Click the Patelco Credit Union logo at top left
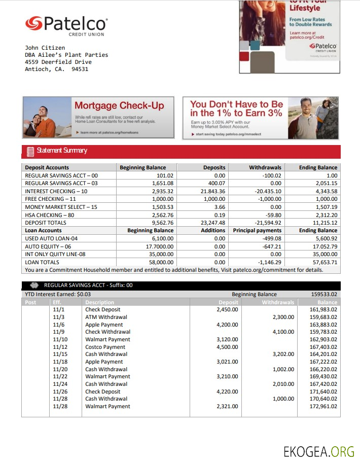(x=66, y=25)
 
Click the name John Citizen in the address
(x=45, y=48)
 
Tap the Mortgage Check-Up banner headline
(x=119, y=105)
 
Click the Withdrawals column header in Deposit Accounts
(x=265, y=167)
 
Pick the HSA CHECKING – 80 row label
(x=50, y=214)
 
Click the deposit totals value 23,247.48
(x=213, y=223)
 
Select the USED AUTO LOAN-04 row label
(x=51, y=238)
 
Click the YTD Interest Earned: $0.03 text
(x=58, y=294)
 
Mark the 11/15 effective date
(x=60, y=354)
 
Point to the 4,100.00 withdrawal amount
(x=283, y=332)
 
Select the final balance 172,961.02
(x=323, y=406)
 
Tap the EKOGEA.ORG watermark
(x=318, y=451)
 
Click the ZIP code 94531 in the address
(x=80, y=69)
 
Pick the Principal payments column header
(x=257, y=230)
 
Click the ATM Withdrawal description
(x=106, y=317)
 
